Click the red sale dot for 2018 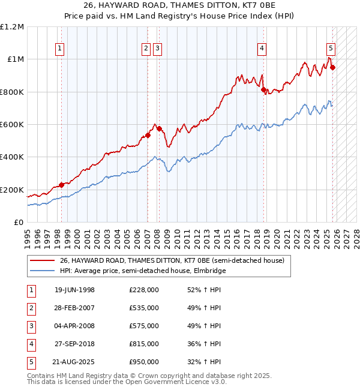click(x=263, y=89)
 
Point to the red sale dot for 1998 click(x=61, y=185)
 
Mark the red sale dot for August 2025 click(x=332, y=67)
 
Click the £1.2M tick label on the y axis click(x=12, y=27)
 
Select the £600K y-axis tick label click(x=12, y=125)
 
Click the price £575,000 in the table click(x=143, y=326)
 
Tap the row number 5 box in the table click(x=31, y=362)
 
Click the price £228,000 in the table click(x=143, y=290)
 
